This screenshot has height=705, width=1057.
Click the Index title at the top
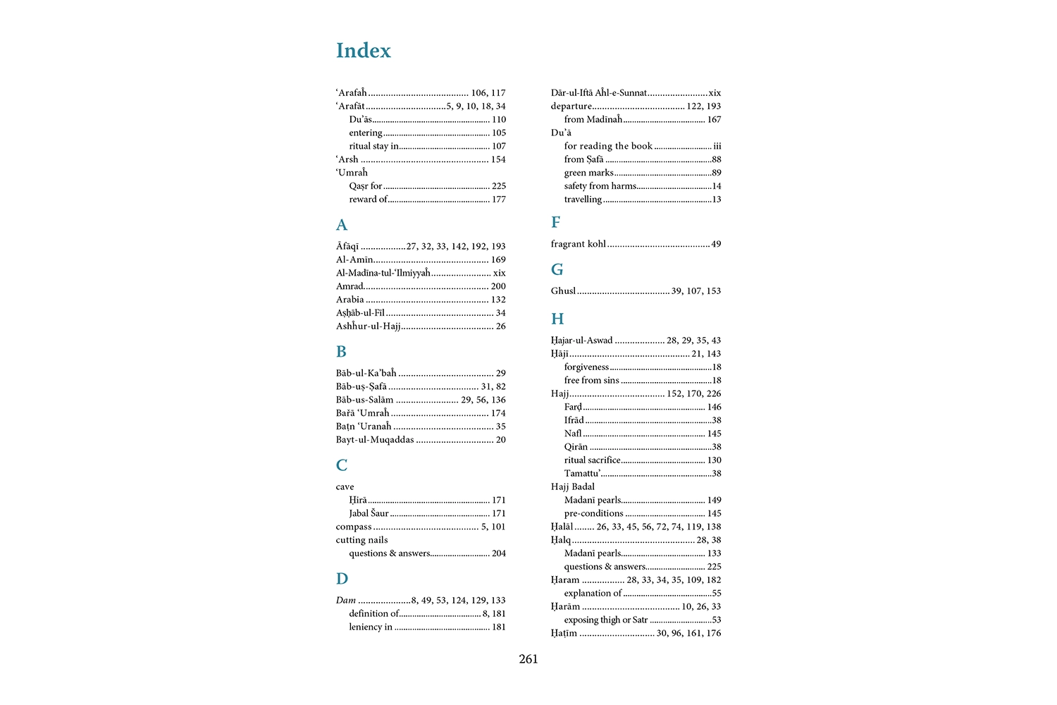pyautogui.click(x=363, y=51)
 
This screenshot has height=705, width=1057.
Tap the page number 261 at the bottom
pyautogui.click(x=528, y=659)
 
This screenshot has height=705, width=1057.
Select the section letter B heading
pyautogui.click(x=341, y=352)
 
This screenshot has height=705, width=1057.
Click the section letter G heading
pyautogui.click(x=557, y=269)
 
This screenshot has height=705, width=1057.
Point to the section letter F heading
pyautogui.click(x=555, y=223)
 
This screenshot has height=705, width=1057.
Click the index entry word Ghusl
pyautogui.click(x=563, y=290)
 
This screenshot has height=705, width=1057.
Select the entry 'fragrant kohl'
pyautogui.click(x=578, y=244)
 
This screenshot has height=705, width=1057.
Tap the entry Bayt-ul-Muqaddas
pyautogui.click(x=375, y=440)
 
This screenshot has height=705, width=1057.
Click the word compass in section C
pyautogui.click(x=354, y=527)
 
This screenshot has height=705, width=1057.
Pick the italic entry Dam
pyautogui.click(x=346, y=601)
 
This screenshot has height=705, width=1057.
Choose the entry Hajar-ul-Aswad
pyautogui.click(x=581, y=341)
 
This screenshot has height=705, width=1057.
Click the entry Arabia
pyautogui.click(x=350, y=300)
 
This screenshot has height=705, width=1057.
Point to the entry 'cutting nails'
pyautogui.click(x=361, y=540)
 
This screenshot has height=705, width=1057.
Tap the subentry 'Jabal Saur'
pyautogui.click(x=369, y=513)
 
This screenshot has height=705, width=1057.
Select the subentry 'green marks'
pyautogui.click(x=588, y=173)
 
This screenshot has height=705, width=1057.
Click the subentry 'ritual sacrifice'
pyautogui.click(x=592, y=460)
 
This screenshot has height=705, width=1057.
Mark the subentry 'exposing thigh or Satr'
pyautogui.click(x=605, y=620)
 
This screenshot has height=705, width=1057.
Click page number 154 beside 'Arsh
pyautogui.click(x=498, y=159)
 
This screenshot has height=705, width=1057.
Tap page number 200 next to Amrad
pyautogui.click(x=498, y=286)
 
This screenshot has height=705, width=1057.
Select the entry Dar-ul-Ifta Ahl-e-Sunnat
pyautogui.click(x=598, y=93)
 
